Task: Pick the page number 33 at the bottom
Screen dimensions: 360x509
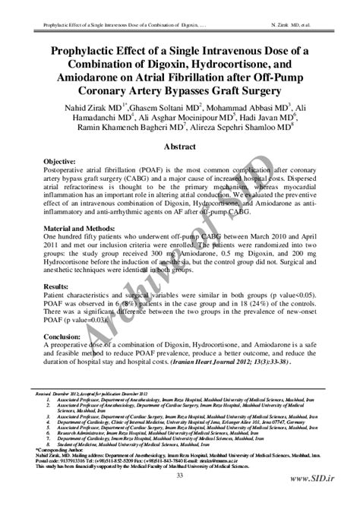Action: coord(180,476)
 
